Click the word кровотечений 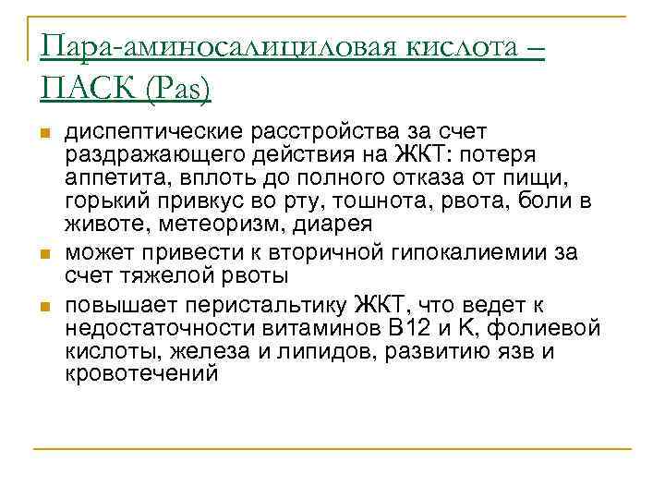point(141,374)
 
